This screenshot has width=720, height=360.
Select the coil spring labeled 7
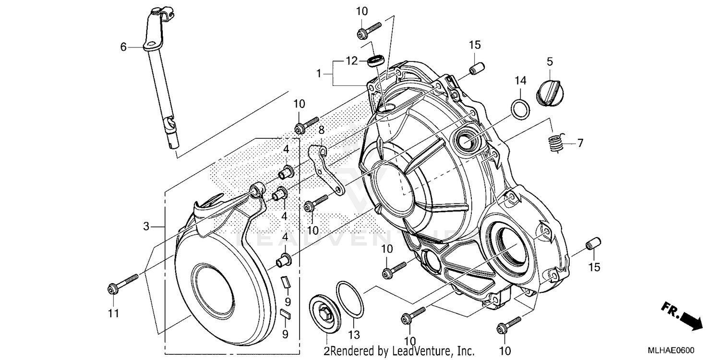(556, 143)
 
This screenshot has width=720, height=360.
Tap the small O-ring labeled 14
(521, 109)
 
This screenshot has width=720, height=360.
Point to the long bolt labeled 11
(122, 283)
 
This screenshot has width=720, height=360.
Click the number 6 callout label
(123, 47)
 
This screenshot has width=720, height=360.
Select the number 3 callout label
(146, 226)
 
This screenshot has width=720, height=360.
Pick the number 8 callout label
(321, 130)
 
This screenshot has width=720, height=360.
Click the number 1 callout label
(318, 74)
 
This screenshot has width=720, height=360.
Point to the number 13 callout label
(354, 335)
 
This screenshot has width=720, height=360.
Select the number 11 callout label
(113, 313)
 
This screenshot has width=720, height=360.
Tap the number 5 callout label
(550, 61)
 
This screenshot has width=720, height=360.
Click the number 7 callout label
(580, 143)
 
